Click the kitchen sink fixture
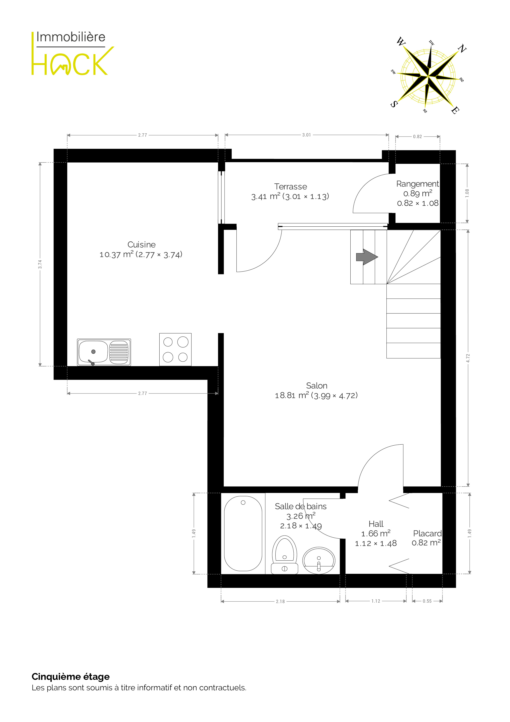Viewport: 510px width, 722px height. [x=104, y=352]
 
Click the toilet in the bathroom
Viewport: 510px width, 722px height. [x=284, y=555]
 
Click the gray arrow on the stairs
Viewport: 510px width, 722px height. [x=367, y=257]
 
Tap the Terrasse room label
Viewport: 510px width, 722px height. [x=290, y=187]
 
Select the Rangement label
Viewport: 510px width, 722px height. [x=418, y=184]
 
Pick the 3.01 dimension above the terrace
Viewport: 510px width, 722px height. [x=306, y=135]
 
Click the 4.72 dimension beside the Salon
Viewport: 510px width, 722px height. [x=468, y=358]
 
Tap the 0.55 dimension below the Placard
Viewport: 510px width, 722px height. [x=427, y=601]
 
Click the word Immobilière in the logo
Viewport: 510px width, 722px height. [x=71, y=37]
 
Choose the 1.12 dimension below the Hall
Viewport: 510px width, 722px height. [x=376, y=601]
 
